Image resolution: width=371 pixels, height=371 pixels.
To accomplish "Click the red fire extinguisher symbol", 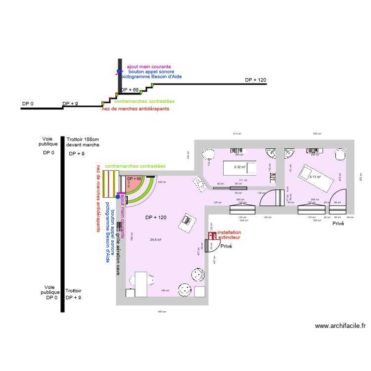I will pos(213,235).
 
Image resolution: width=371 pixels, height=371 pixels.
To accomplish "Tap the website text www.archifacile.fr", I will pos(340,326).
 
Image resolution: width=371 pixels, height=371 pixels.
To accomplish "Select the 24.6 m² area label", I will pos(156,239).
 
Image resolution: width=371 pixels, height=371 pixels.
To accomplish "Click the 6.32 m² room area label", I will pos(240,167).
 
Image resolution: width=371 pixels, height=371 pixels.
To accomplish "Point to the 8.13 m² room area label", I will pos(315,177).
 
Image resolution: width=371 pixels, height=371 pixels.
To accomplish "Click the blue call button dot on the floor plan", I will pos(117,197).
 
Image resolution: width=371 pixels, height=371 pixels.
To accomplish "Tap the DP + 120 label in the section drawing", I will pos(255,80).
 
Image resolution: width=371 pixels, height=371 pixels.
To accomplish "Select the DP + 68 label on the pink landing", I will pos(134,179).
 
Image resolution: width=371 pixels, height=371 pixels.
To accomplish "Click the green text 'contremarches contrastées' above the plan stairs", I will pos(135,166).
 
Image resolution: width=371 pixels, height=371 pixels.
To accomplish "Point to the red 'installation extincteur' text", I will pos(230,235).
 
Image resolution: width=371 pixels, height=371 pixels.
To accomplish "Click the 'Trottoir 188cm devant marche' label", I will pos(83,142).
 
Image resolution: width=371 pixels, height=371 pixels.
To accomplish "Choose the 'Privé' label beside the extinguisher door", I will pos(226,246).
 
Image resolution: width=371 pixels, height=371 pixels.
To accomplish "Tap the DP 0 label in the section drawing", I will pos(28,104).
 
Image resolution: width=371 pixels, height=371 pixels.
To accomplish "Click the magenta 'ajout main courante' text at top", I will pos(149,66).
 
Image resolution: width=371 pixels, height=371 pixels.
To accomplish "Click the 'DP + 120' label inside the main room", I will pos(155,218).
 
